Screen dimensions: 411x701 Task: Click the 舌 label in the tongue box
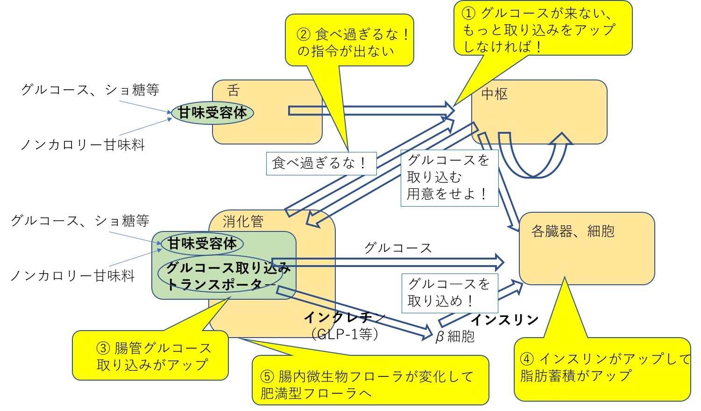point(233,90)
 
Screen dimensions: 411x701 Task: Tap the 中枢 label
point(494,94)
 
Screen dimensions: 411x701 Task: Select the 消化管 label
point(243,221)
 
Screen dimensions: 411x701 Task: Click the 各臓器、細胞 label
point(573,231)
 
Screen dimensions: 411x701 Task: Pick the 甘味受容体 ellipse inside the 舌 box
point(212,113)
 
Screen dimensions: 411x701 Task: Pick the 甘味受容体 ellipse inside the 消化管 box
point(202,244)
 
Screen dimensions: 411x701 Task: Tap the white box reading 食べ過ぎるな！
point(321,163)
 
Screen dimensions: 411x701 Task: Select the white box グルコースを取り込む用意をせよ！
point(449,177)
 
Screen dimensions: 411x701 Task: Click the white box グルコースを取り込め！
point(449,293)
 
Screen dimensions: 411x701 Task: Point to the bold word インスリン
point(504,320)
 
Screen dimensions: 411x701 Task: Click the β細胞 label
point(454,336)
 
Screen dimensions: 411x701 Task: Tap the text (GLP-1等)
point(345,334)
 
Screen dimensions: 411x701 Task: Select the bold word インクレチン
point(345,317)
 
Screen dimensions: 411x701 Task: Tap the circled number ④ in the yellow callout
point(527,359)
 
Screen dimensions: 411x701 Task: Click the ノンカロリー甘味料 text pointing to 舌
point(82,145)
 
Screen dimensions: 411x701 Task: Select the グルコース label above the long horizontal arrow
point(397,248)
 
